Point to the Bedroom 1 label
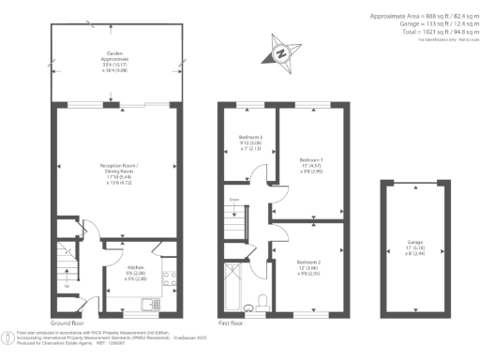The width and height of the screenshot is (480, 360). pyautogui.click(x=310, y=159)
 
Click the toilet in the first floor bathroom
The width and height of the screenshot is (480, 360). pyautogui.click(x=263, y=301)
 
